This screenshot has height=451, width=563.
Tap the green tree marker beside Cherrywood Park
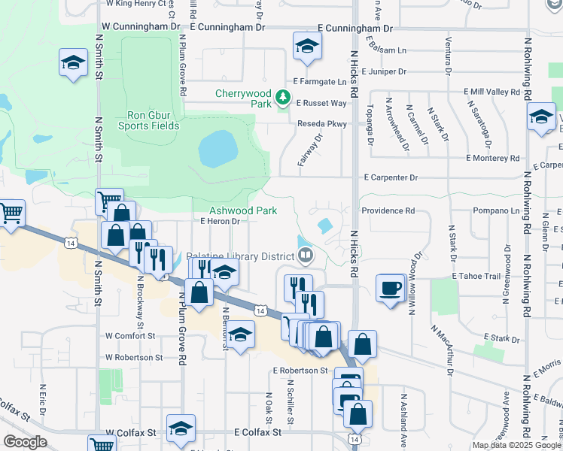point(283,97)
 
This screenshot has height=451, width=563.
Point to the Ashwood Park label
point(242,211)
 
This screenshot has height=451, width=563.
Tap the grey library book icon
point(306,256)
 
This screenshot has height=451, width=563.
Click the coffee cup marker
point(390,288)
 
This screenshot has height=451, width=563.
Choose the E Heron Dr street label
point(220,222)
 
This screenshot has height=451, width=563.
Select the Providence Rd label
point(388,211)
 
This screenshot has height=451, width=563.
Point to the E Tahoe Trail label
point(476,277)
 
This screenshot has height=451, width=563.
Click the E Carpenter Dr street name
point(391,178)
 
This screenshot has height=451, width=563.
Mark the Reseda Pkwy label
point(321,124)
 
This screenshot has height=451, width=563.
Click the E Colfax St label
point(257,433)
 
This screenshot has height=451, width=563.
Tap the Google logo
point(25,442)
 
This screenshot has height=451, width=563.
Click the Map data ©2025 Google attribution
point(516,445)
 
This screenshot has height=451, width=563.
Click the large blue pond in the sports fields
point(218,149)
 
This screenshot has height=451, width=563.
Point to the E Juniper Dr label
point(383,72)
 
